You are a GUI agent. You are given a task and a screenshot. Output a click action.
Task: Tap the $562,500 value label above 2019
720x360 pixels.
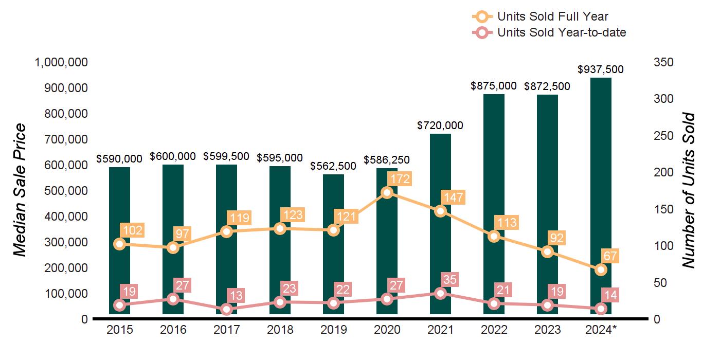click(334, 166)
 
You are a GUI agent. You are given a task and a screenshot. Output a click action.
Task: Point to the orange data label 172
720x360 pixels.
click(399, 179)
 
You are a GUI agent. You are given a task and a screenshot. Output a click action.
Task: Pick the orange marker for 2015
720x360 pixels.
click(119, 244)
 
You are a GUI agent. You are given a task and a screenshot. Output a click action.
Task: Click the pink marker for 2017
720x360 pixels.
click(226, 309)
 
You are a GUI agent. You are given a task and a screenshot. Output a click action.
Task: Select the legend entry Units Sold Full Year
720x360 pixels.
click(553, 17)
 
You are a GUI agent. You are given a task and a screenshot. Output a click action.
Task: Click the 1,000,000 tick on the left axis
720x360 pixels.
click(61, 62)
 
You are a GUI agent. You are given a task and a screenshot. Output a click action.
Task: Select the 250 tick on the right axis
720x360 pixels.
click(664, 136)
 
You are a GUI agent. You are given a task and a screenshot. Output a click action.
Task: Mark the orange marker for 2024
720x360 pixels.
click(601, 269)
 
